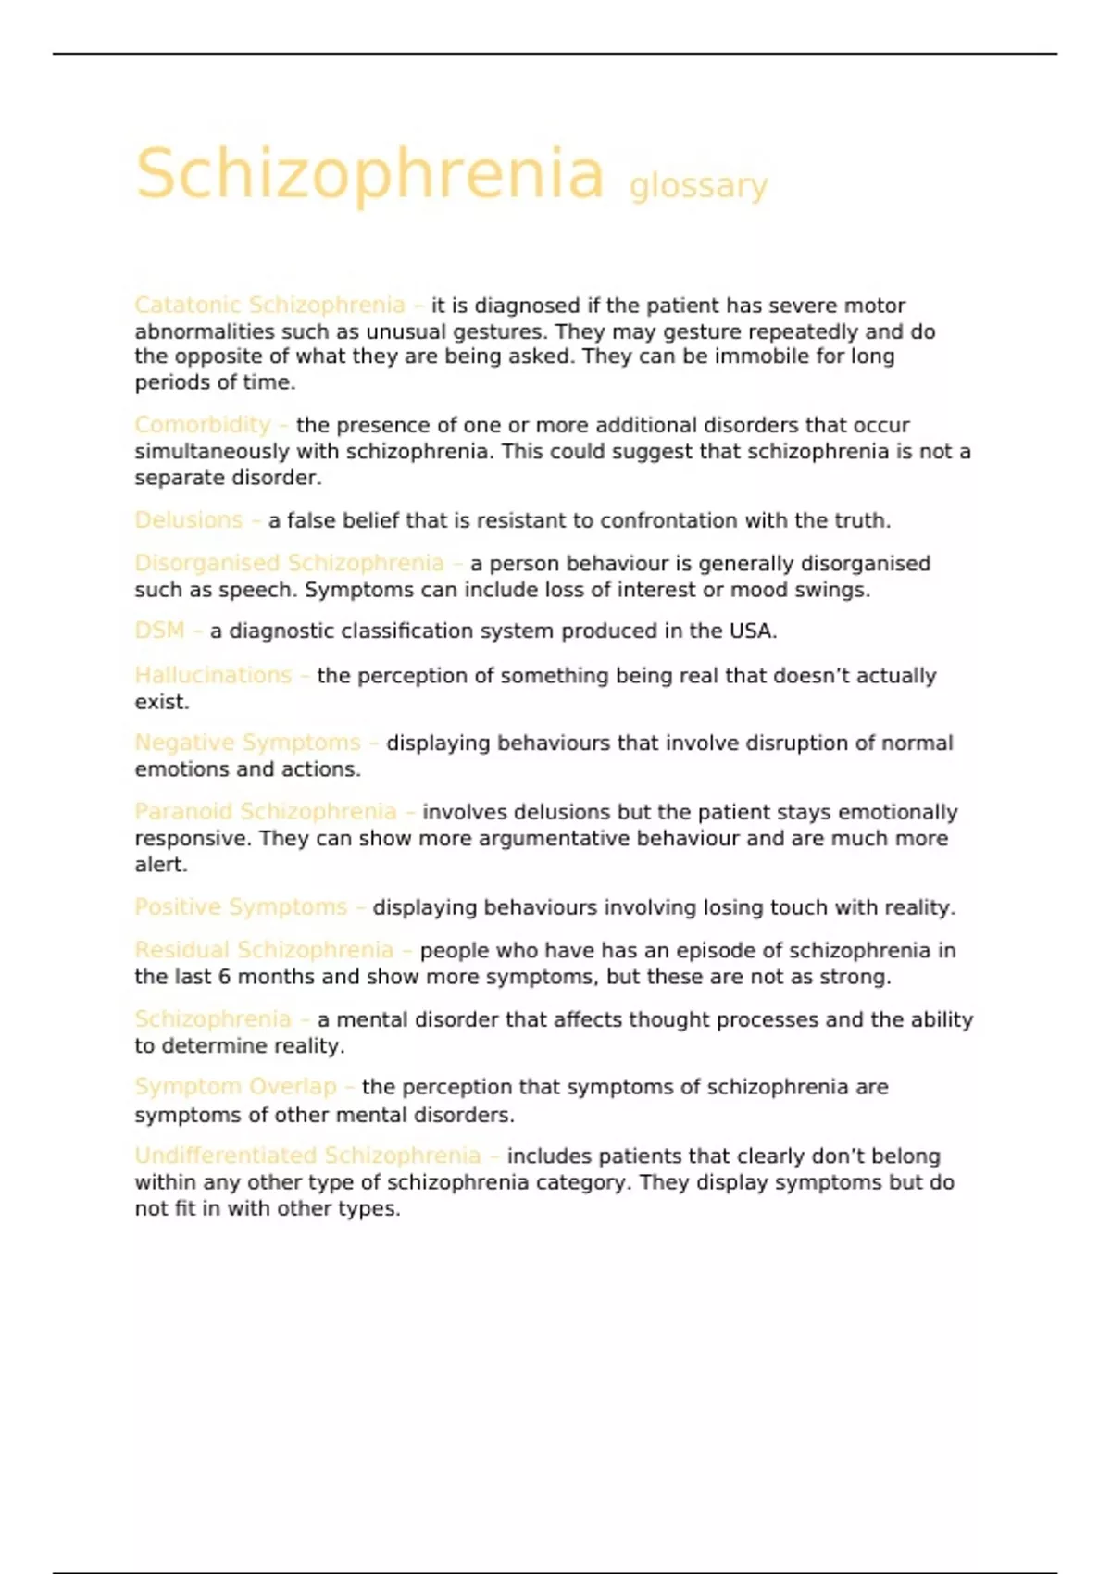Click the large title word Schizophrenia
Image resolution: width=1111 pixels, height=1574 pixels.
pos(369,173)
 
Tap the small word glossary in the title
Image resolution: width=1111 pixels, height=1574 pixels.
pos(698,186)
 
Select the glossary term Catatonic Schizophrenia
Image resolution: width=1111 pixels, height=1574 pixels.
pos(269,305)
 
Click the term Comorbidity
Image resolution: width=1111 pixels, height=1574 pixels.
pos(202,425)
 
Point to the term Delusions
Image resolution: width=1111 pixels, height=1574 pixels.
pos(188,520)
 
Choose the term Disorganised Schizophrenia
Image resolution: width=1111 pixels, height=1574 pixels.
pos(289,563)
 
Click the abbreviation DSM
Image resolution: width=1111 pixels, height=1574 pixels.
pos(159,631)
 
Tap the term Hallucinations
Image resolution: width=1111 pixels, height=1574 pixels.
pos(213,676)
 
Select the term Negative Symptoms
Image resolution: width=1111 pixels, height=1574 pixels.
pos(247,743)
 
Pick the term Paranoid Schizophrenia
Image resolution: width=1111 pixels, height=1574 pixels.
pos(265,812)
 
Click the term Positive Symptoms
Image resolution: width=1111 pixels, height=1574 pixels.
pos(241,907)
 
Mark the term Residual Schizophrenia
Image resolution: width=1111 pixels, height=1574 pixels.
pos(264,950)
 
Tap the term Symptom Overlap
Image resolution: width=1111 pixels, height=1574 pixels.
pos(235,1087)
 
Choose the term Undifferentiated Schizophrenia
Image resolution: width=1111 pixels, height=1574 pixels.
pos(307,1156)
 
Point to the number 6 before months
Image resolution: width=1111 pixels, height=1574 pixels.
pos(225,977)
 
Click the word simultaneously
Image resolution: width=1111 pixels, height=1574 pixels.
pos(212,452)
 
